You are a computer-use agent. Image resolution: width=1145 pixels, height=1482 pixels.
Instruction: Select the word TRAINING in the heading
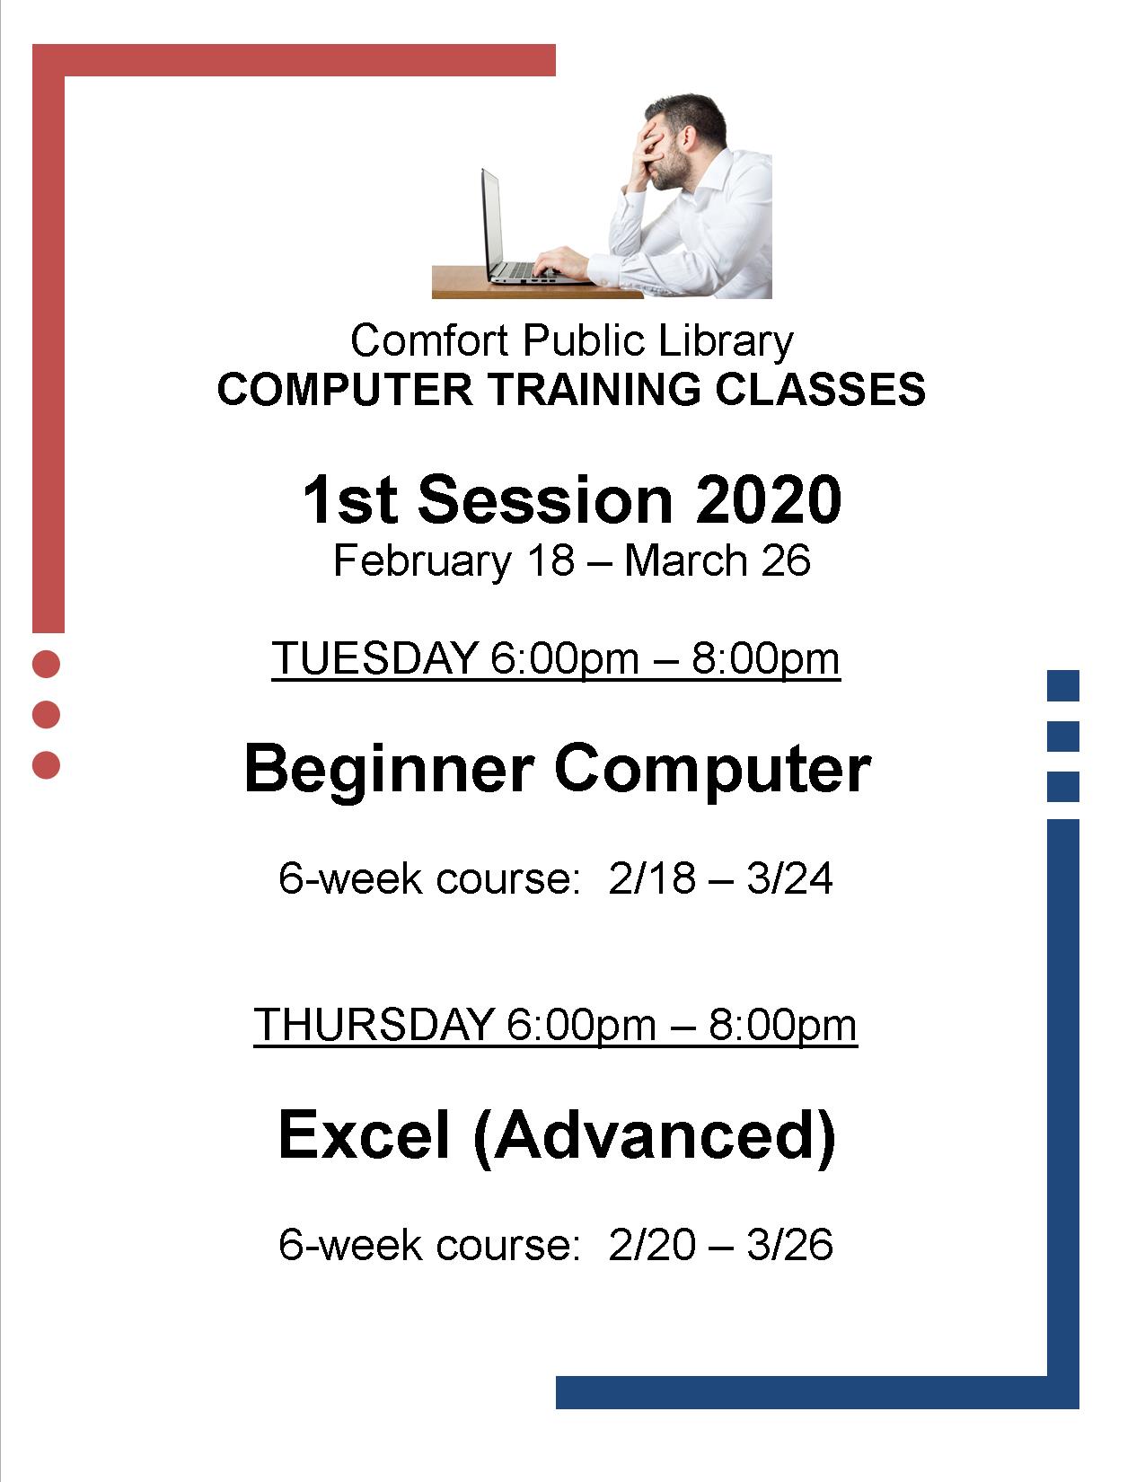click(593, 390)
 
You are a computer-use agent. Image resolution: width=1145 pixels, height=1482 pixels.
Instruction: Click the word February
click(421, 561)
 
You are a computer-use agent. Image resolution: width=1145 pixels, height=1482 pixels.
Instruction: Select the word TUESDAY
click(374, 658)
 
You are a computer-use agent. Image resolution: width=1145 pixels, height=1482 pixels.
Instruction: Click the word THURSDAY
click(374, 1024)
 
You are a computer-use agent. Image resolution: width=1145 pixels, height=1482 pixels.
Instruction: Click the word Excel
click(365, 1134)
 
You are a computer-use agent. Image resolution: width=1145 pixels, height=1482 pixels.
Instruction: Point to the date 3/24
click(789, 878)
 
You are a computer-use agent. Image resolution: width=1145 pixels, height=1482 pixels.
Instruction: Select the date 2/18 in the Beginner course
click(652, 878)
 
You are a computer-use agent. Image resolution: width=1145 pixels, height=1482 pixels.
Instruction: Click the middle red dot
click(47, 715)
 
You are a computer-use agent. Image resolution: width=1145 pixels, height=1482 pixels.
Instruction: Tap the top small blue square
click(1062, 685)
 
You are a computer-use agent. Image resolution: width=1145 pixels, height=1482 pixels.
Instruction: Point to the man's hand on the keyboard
click(560, 262)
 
